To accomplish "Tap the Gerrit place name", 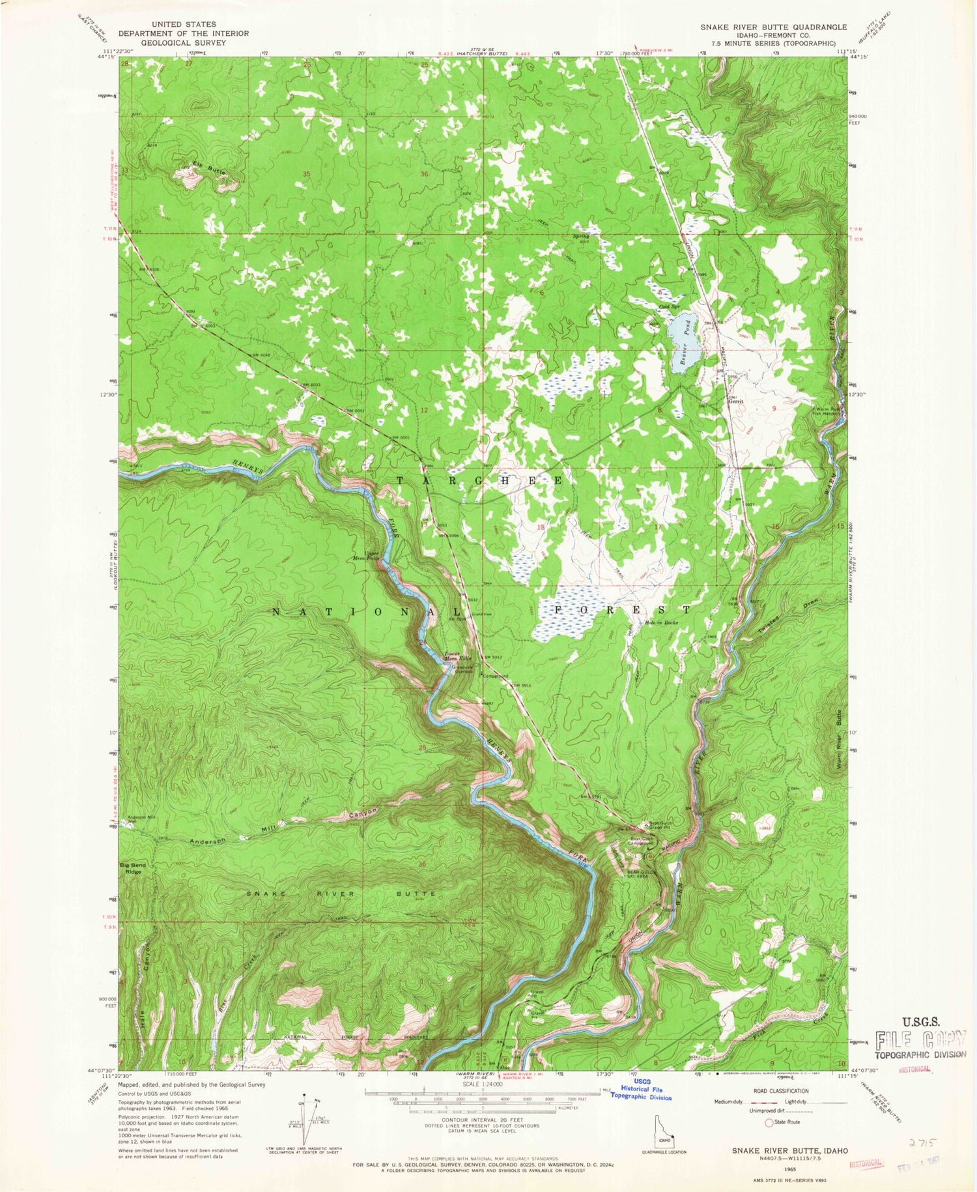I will [735, 401].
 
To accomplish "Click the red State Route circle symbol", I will [769, 1122].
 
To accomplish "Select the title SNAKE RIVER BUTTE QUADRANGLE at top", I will [773, 27].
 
